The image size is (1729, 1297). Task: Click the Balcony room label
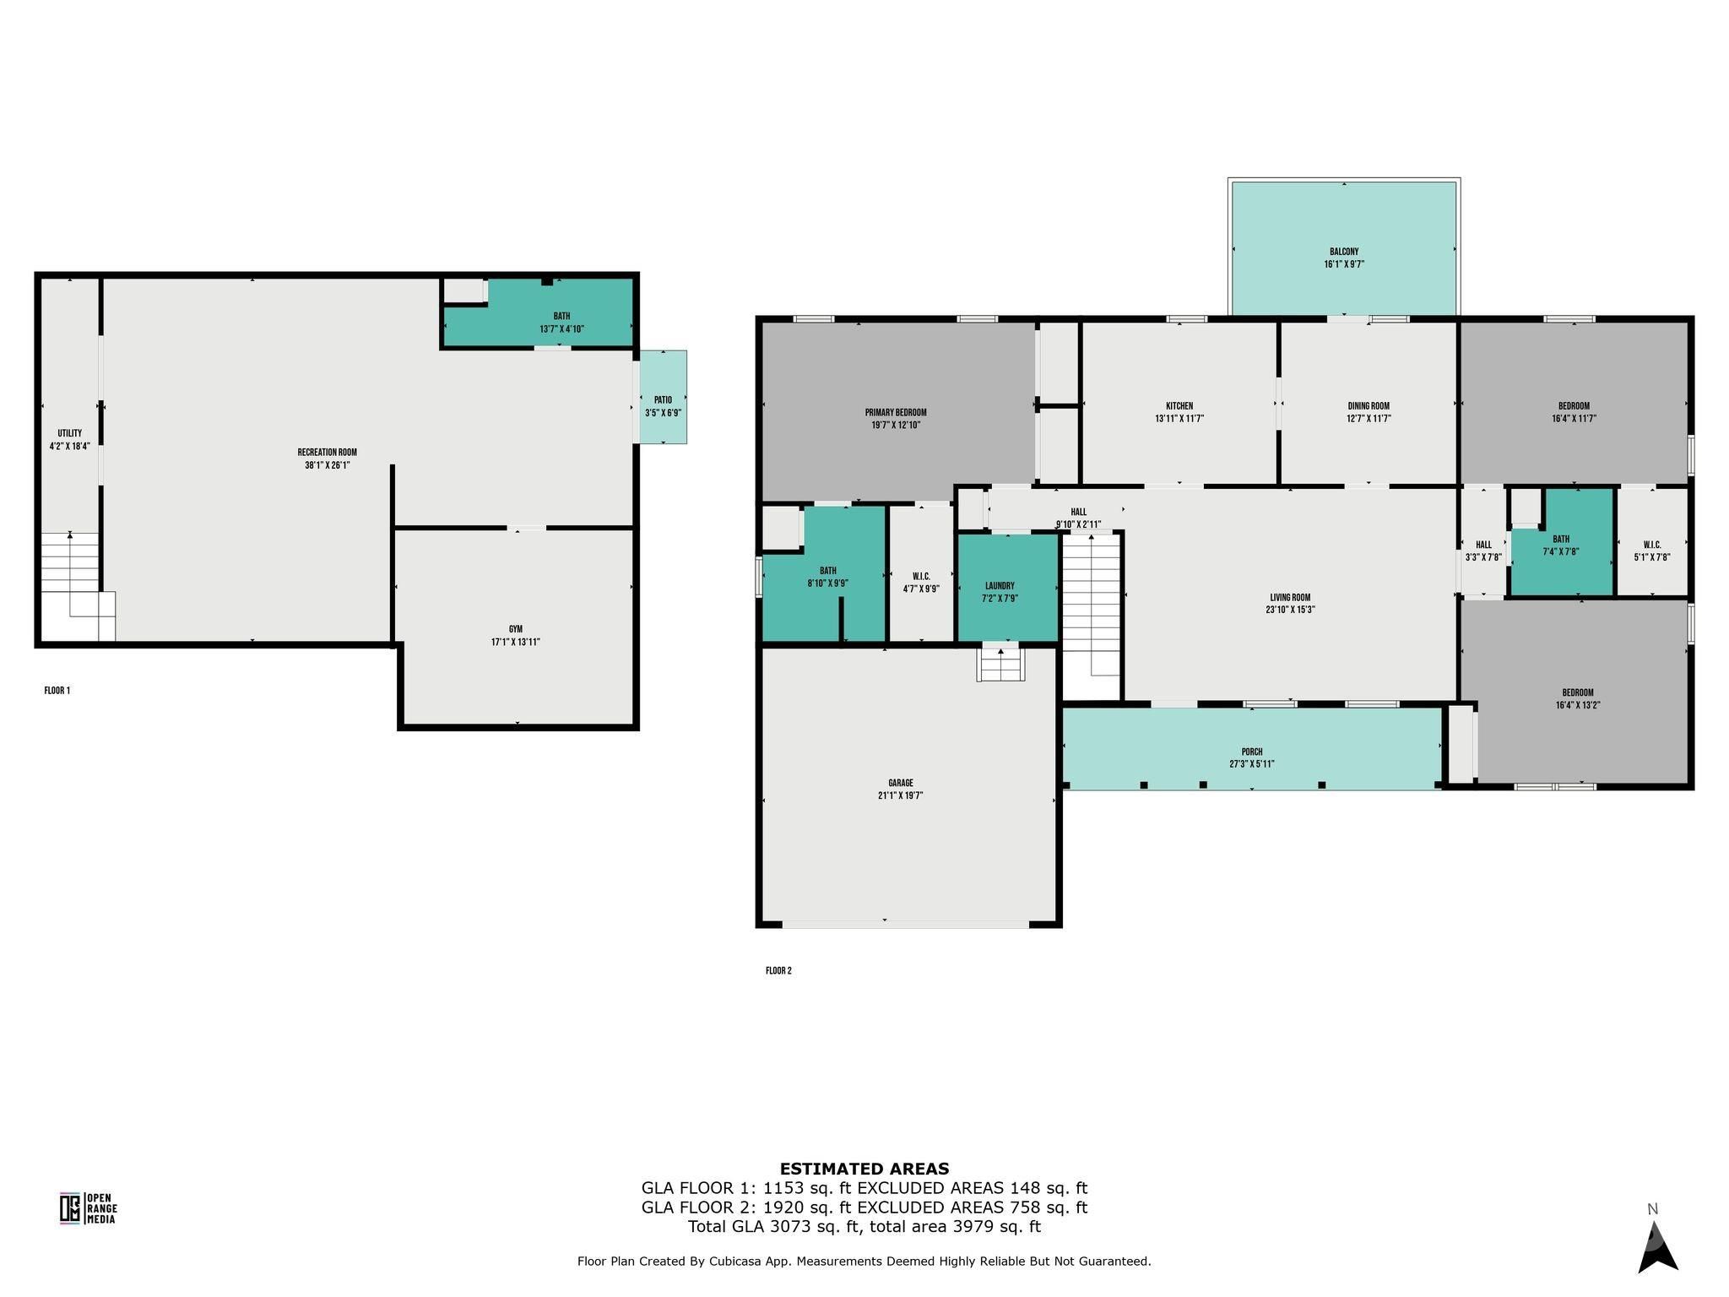(x=1344, y=252)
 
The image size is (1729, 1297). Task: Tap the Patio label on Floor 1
(x=663, y=400)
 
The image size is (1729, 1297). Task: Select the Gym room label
(x=516, y=629)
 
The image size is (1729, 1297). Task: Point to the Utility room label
(x=70, y=433)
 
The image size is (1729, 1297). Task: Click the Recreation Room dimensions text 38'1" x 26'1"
(x=328, y=464)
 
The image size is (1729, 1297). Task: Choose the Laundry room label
(x=1000, y=586)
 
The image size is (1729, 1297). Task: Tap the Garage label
(x=901, y=783)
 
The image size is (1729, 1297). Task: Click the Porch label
(x=1252, y=752)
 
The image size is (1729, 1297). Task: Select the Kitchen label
(x=1179, y=406)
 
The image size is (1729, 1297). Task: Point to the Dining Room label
(x=1369, y=406)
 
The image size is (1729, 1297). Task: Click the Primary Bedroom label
(x=896, y=413)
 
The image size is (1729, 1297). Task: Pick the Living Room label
(x=1290, y=597)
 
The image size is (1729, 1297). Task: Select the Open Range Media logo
(x=88, y=1207)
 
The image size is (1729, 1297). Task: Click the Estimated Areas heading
(x=864, y=1169)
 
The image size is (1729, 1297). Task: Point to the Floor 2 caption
(x=778, y=971)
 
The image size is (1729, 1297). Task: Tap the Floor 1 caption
(x=57, y=691)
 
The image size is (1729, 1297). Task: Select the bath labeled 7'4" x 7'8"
(x=1561, y=545)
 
